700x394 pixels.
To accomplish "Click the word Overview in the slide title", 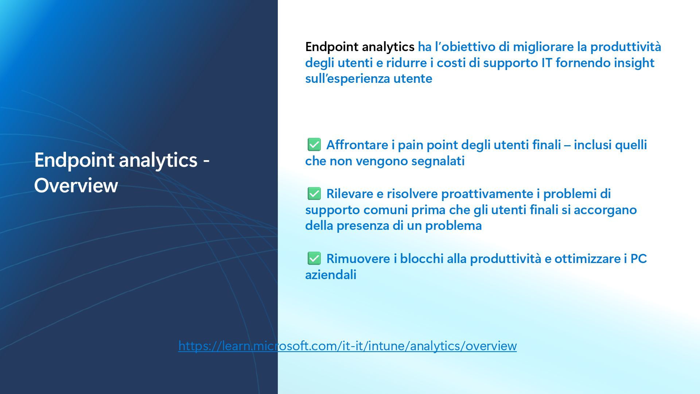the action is coord(76,185).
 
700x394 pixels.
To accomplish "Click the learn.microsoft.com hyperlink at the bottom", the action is coord(347,345).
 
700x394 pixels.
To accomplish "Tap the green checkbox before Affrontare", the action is coord(314,144).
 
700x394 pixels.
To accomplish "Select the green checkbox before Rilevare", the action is coord(314,193).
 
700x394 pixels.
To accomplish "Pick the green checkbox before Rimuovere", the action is coord(314,258).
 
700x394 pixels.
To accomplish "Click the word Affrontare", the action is coord(357,145).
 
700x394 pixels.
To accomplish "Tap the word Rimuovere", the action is coord(358,259).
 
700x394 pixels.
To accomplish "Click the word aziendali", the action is coord(331,275).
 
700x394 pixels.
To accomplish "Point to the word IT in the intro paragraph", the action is coord(547,63).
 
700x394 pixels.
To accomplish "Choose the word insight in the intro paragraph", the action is coord(634,63).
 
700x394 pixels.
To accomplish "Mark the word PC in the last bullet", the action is coord(639,259).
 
